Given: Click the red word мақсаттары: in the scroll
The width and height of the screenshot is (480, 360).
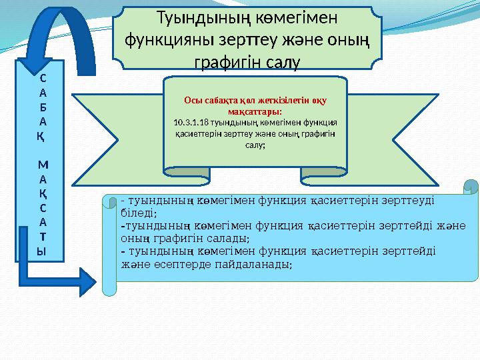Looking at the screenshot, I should click(254, 111).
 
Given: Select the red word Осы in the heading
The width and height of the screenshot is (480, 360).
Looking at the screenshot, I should click(192, 101).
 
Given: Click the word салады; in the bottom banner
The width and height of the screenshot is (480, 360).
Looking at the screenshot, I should click(228, 237).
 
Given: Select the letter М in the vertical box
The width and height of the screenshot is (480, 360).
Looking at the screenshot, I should click(42, 164).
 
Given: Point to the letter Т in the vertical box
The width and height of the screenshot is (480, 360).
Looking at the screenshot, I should click(42, 236).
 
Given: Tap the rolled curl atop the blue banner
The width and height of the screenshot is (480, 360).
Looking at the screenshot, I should click(471, 187).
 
